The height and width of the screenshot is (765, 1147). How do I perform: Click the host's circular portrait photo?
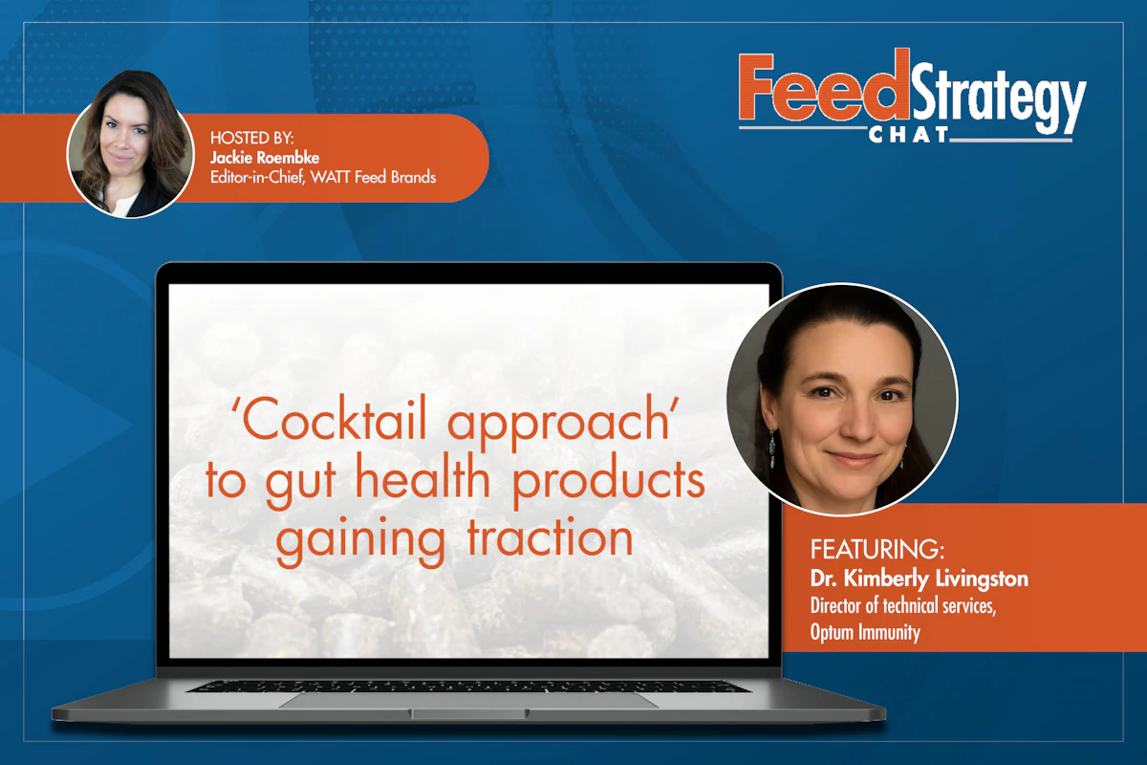click(129, 144)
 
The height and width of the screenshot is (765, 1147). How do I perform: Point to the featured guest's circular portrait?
click(842, 400)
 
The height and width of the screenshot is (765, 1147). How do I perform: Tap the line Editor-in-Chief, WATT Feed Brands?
click(323, 177)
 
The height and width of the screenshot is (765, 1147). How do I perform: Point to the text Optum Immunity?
click(865, 632)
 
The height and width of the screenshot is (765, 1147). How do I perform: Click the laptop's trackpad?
click(468, 700)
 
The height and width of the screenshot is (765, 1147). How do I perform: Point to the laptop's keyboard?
click(468, 686)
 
